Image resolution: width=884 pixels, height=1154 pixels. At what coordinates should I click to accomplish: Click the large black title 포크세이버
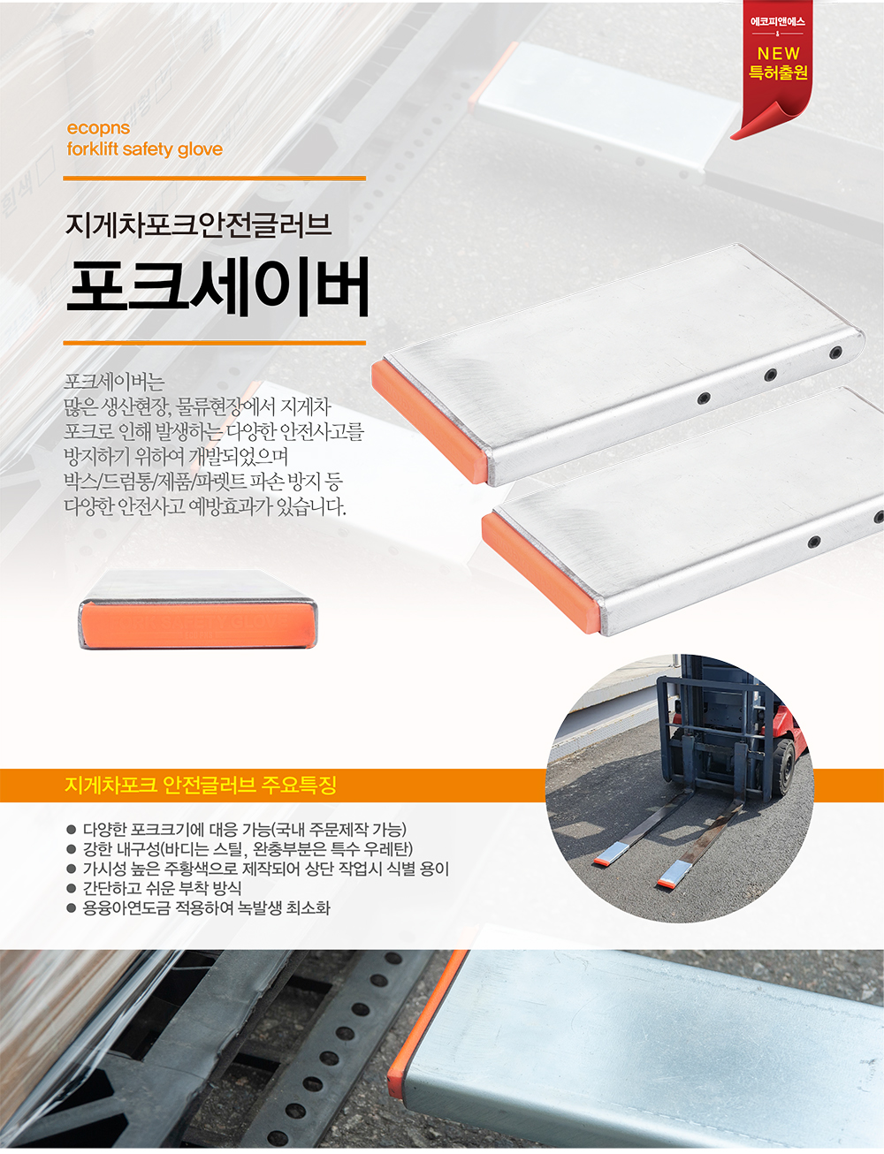click(x=217, y=287)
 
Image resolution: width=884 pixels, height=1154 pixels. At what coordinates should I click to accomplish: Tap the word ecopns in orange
click(x=98, y=128)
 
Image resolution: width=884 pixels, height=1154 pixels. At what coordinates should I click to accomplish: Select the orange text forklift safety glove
click(x=144, y=149)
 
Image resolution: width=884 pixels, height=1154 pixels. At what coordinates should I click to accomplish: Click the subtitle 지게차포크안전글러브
click(x=199, y=224)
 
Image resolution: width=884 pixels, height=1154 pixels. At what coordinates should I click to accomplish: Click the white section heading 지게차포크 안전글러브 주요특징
click(x=201, y=785)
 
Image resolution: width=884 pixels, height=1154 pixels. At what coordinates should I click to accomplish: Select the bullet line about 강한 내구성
click(x=240, y=848)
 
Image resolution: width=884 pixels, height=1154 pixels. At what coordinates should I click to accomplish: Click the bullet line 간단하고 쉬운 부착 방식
click(x=154, y=888)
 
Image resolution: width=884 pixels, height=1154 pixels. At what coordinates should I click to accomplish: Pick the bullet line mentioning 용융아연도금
click(x=199, y=907)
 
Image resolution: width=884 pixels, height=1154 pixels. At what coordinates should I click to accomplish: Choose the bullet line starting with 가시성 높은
click(x=258, y=869)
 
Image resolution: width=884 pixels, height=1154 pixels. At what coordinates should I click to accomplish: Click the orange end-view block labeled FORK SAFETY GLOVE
click(x=198, y=625)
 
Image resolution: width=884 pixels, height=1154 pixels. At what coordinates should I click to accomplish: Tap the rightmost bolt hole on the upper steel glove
click(x=835, y=352)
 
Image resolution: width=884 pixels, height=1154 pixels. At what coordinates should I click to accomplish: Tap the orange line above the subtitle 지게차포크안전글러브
click(x=215, y=178)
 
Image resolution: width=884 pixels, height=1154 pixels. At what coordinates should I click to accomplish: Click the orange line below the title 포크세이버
click(x=215, y=343)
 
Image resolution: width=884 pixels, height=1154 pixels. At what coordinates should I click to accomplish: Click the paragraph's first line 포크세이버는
click(x=114, y=382)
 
